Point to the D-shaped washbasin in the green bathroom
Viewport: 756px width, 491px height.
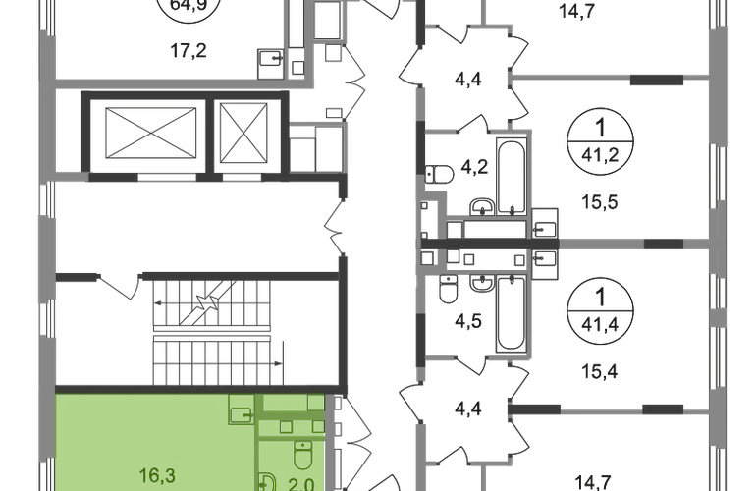click(267, 482)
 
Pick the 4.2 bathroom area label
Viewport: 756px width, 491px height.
click(471, 169)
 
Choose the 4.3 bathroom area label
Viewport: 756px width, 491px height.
click(471, 321)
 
